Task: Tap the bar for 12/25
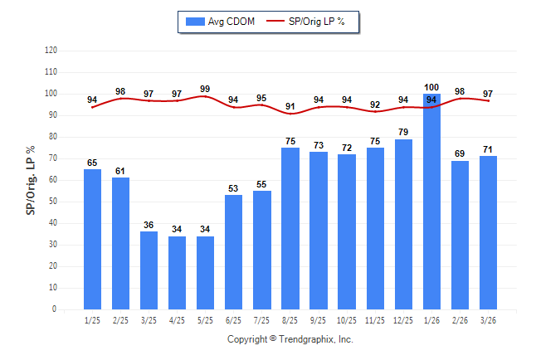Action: (403, 224)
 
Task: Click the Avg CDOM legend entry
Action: (221, 22)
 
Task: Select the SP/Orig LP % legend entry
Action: (312, 22)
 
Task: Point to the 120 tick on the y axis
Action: (51, 51)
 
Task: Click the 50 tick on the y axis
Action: (52, 202)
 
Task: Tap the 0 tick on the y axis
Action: (55, 309)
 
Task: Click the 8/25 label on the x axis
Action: (290, 319)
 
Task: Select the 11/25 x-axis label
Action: (375, 319)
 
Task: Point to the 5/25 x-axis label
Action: (205, 319)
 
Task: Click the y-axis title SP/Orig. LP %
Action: (31, 179)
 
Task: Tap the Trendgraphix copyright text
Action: (290, 339)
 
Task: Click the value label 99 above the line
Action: (205, 88)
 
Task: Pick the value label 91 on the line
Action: (290, 105)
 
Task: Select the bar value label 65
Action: (92, 163)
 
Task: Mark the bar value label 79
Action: (403, 133)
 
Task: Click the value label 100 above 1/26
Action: (431, 87)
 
